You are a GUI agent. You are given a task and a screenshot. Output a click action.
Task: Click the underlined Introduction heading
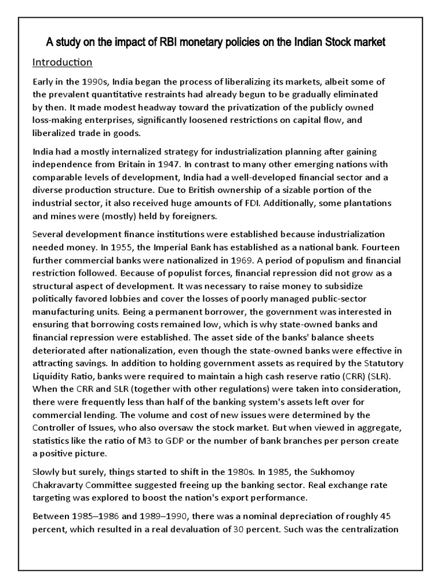(61, 61)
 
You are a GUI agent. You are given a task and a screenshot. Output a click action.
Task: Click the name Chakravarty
(59, 485)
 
